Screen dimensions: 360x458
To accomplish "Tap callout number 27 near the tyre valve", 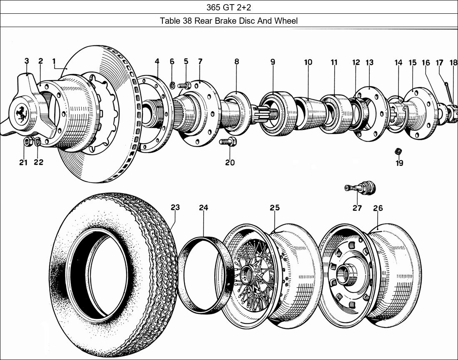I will (357, 208).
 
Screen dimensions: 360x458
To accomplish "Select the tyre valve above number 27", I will (361, 188).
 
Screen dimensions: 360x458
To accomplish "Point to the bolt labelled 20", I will (228, 142).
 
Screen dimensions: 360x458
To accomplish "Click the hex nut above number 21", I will (28, 142).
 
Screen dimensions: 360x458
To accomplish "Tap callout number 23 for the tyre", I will (175, 207).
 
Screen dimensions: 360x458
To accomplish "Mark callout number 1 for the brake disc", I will (54, 62).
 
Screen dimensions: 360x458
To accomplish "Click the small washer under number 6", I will (172, 86).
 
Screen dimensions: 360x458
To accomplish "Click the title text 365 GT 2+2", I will (229, 7).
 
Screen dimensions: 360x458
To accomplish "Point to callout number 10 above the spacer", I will (308, 62).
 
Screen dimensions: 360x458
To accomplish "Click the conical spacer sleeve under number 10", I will (310, 113).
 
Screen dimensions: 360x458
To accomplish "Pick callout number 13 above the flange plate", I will (369, 62).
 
